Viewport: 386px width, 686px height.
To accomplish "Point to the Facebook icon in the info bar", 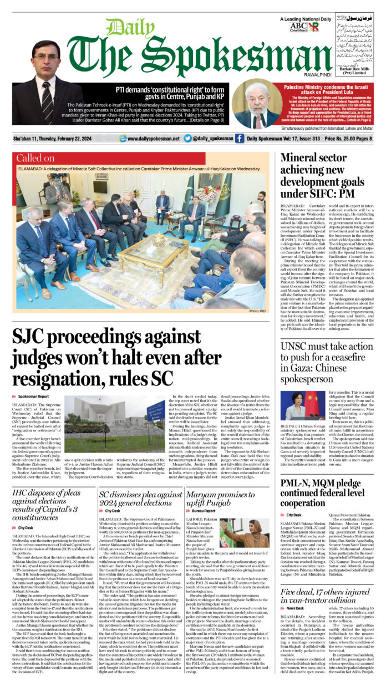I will [239, 139].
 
